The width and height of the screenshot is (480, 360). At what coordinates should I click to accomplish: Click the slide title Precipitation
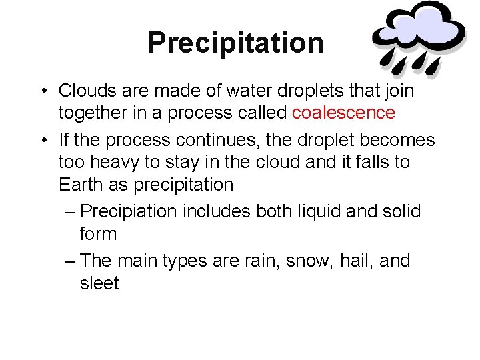tap(235, 43)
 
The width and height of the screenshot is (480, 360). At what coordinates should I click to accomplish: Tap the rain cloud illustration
tap(419, 37)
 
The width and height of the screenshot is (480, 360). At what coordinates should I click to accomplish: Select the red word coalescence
tap(343, 113)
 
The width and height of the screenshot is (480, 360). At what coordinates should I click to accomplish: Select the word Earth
tap(79, 185)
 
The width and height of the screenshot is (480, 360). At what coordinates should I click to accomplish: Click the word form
tap(98, 234)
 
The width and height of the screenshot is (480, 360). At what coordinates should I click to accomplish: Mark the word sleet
tap(99, 283)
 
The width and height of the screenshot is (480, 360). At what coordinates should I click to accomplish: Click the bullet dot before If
tap(42, 141)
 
